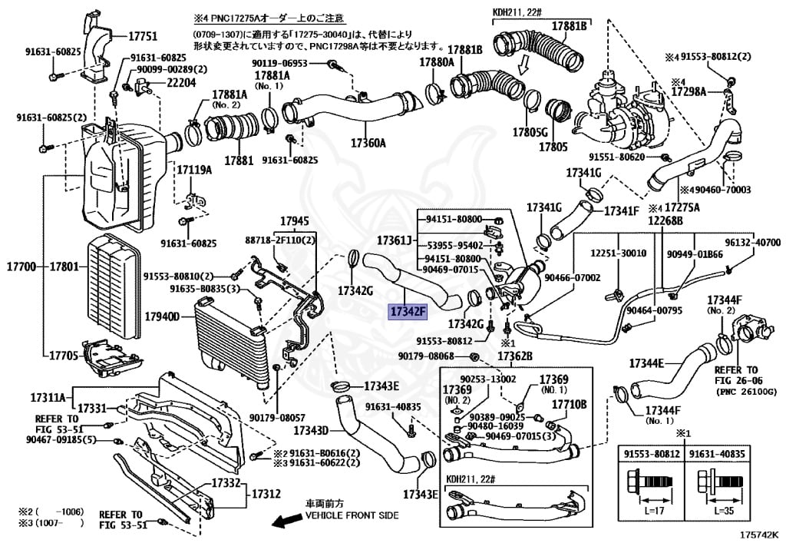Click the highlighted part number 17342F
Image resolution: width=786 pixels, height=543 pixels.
point(407,313)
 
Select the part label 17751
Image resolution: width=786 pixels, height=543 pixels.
point(142,36)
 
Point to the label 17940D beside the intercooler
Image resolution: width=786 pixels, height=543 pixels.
point(162,316)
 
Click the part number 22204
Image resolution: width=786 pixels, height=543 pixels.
point(182,83)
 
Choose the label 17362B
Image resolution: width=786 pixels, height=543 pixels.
point(514,356)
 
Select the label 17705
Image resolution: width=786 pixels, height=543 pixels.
point(64,356)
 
